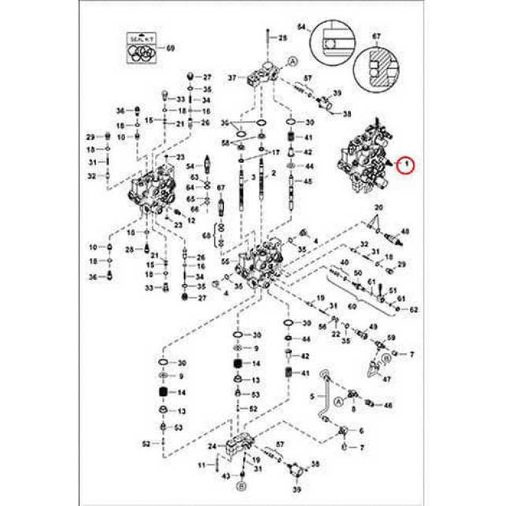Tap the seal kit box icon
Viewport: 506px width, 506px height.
[142, 47]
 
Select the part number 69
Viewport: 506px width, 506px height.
[170, 47]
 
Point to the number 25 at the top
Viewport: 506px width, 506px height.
[282, 39]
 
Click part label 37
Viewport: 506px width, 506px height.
[232, 78]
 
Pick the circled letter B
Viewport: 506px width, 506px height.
[241, 486]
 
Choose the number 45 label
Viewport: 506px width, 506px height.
[309, 181]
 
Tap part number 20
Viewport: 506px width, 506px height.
[379, 207]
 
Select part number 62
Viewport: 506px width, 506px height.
[414, 310]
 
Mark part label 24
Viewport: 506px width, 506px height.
[212, 447]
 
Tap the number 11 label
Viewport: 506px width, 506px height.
[202, 466]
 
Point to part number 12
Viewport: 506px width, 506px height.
[192, 219]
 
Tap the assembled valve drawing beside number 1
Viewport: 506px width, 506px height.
[365, 155]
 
